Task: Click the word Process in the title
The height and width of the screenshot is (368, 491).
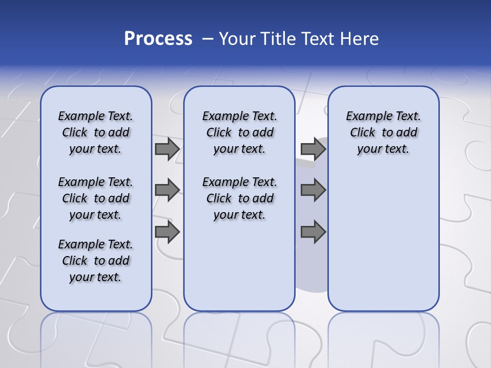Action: click(158, 39)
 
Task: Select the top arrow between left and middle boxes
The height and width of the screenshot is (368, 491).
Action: click(167, 149)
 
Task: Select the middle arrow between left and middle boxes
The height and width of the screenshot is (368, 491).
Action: click(167, 190)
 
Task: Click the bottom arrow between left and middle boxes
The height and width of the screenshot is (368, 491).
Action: click(167, 232)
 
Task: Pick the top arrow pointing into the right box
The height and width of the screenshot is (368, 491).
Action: click(313, 149)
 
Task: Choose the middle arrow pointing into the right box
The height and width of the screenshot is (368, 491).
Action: click(313, 190)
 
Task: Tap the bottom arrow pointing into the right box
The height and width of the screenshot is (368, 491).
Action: click(313, 232)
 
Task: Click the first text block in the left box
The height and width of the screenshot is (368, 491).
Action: click(96, 132)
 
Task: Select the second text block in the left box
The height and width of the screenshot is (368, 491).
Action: click(96, 198)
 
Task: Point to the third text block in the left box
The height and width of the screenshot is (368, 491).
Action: click(96, 261)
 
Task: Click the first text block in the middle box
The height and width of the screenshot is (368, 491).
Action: click(240, 132)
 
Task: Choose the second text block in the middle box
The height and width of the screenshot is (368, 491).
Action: click(240, 198)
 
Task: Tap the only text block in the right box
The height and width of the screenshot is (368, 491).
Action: click(384, 132)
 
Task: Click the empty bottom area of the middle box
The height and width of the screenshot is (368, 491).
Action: click(239, 271)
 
